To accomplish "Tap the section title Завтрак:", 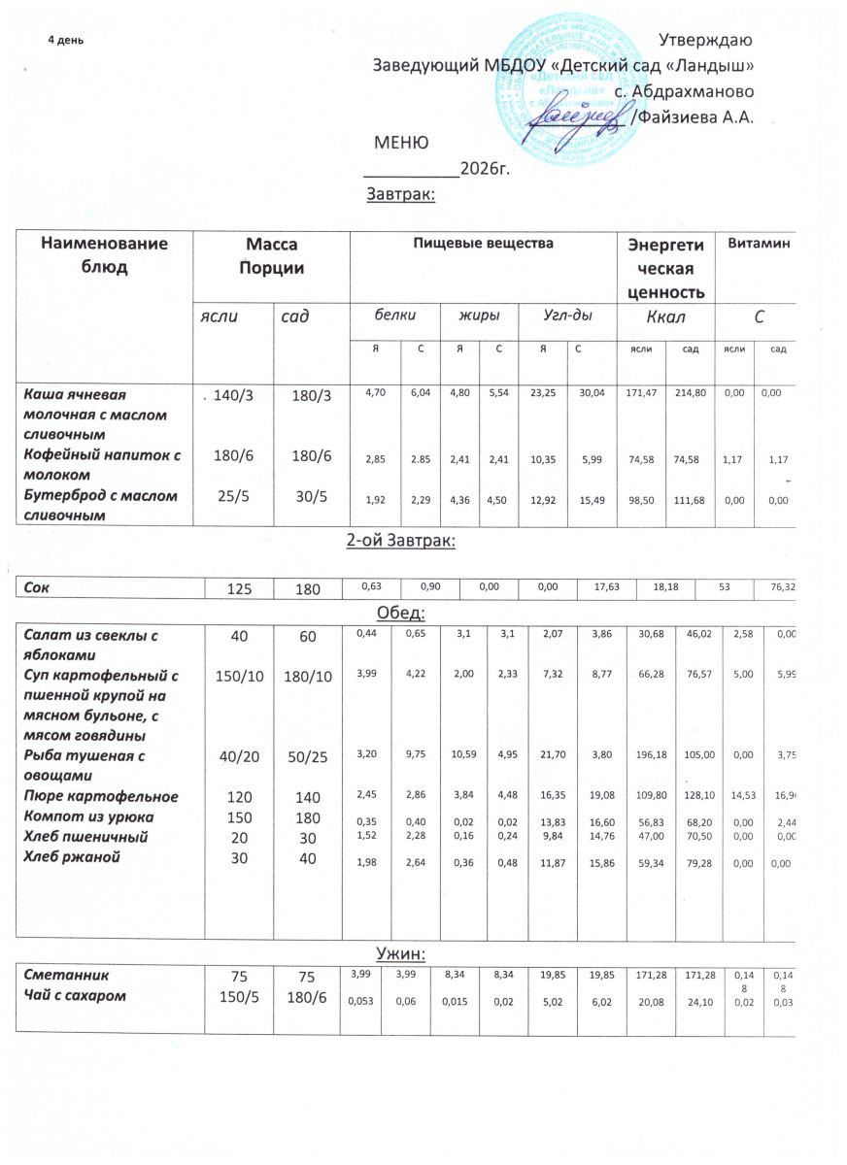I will (398, 195).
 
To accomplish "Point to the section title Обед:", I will (398, 614).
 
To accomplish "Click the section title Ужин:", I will (398, 949).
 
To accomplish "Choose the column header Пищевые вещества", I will (484, 244).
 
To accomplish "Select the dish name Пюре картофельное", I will (100, 796).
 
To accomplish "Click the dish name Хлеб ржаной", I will (69, 852).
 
